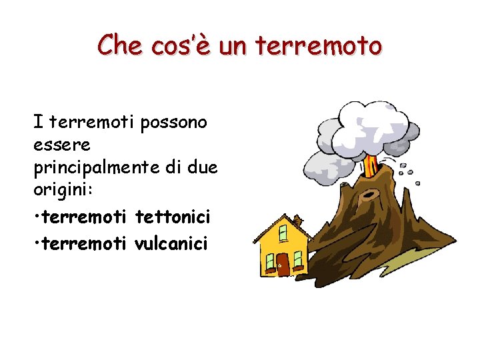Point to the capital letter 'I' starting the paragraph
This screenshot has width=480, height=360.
39,122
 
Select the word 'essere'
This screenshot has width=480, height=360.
62,143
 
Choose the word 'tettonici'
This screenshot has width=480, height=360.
173,216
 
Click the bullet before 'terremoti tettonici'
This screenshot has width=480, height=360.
37,217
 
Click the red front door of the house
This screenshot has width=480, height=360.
283,264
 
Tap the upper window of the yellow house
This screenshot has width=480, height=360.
283,233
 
